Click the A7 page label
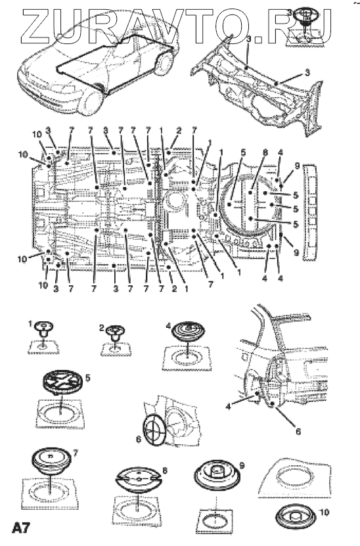click(x=21, y=528)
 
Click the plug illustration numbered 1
click(x=44, y=329)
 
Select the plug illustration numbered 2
click(x=115, y=332)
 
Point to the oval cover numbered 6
click(x=155, y=430)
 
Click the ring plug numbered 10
click(x=296, y=516)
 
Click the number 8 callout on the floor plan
click(x=265, y=152)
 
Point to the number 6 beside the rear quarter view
click(x=298, y=431)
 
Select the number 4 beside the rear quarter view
click(x=228, y=406)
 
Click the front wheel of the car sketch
click(x=90, y=102)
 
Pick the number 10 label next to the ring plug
click(x=324, y=512)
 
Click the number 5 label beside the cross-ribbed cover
click(x=88, y=377)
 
